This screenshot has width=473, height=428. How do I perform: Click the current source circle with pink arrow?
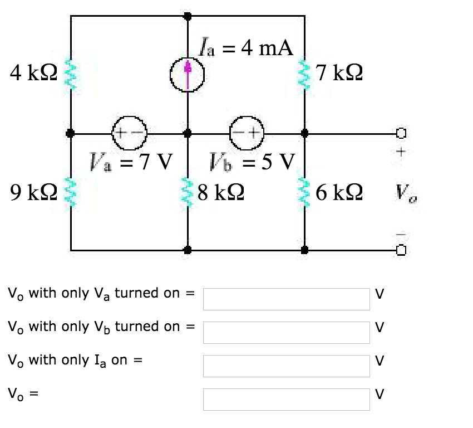tap(188, 74)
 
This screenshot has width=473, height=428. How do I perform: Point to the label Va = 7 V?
tap(130, 164)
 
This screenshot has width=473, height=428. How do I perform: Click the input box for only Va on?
tap(286, 299)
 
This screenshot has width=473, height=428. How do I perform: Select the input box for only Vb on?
tap(286, 333)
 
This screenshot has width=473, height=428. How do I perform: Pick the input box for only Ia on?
tap(286, 366)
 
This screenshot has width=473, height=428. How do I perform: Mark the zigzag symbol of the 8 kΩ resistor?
tap(188, 192)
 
